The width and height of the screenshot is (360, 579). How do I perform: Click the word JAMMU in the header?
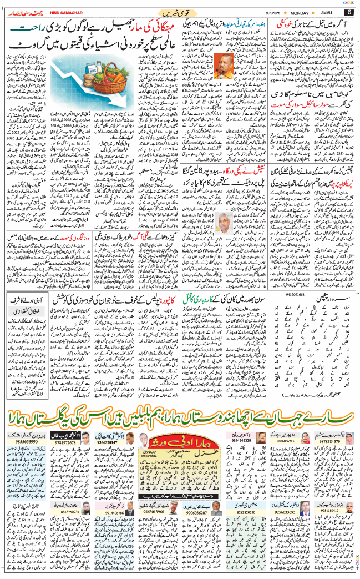[327, 12]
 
